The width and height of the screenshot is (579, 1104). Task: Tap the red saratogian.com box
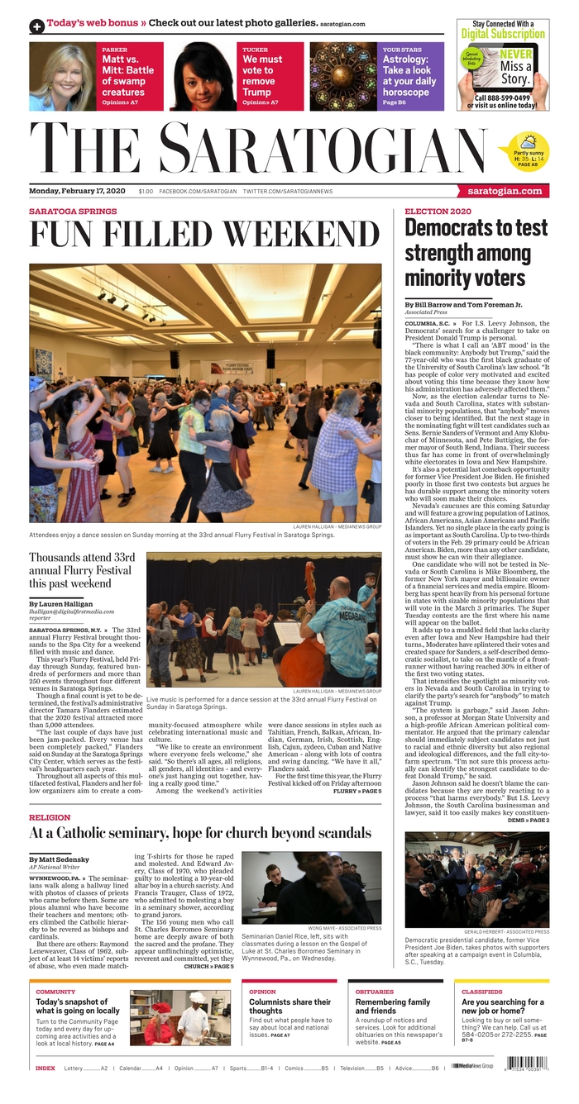coord(504,191)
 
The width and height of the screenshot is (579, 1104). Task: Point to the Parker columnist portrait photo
coord(62,76)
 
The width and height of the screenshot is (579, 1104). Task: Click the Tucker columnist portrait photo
coord(203,76)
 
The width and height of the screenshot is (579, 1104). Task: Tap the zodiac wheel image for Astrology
coord(343,76)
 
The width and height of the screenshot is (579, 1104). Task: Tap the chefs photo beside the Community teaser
coord(179,1018)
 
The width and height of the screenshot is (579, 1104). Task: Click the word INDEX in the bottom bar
coord(45,1068)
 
